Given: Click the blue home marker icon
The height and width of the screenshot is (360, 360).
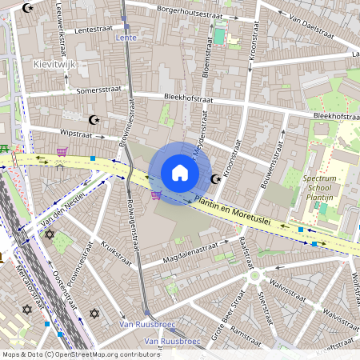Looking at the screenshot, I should (180, 172).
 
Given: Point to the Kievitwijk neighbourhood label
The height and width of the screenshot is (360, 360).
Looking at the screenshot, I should (54, 62).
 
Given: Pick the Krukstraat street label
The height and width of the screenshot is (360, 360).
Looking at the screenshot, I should (118, 253).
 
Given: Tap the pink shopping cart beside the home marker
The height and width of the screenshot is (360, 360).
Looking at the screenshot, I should (155, 194).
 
